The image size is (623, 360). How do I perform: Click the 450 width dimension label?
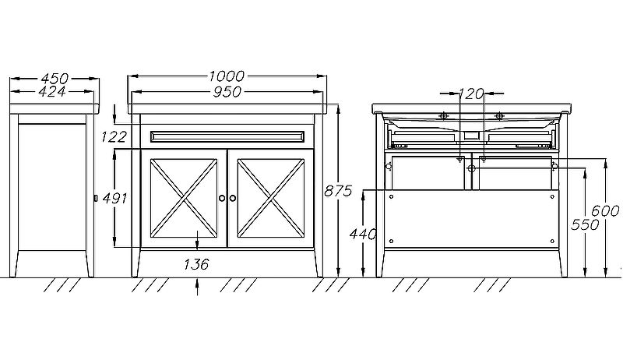pos(55,78)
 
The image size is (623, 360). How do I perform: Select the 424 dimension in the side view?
pos(52,92)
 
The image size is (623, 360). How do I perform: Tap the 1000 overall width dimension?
pos(227,76)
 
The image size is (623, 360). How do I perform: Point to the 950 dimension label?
pos(227,92)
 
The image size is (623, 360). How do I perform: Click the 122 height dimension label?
pos(114,137)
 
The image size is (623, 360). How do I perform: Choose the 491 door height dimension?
pos(114,198)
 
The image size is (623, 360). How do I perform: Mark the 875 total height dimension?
pos(338,191)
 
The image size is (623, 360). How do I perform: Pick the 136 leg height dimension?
pos(196,264)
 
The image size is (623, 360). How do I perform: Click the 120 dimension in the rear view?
pos(471,94)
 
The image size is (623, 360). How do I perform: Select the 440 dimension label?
pos(363,235)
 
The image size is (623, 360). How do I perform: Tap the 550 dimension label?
pos(585,225)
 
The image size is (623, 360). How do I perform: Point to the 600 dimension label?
pos(606,210)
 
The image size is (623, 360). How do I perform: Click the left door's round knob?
pos(222,198)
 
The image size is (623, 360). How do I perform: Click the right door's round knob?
pos(232,198)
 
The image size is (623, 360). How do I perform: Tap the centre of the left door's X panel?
pos(184,198)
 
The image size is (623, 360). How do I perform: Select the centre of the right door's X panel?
pos(271,198)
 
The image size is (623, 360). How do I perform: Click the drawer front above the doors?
pos(227,136)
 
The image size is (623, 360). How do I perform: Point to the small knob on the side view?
pos(96,198)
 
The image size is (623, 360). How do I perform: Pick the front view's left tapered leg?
pos(136,263)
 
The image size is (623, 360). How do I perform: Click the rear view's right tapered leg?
pos(562,263)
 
